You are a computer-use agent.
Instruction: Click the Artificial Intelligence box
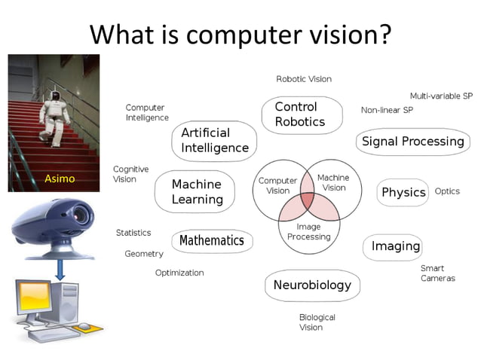click(215, 140)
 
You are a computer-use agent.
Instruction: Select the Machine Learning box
click(198, 191)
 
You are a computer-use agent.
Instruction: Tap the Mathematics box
click(212, 241)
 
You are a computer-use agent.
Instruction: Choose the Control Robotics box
click(300, 114)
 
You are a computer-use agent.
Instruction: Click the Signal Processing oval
click(412, 142)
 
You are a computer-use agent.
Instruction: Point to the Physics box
click(403, 192)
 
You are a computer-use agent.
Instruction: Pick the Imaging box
click(395, 246)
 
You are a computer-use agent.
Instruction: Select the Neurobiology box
click(312, 285)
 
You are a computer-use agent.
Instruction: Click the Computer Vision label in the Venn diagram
click(277, 185)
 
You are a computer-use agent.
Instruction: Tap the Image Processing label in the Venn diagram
click(309, 231)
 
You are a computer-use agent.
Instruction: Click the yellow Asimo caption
click(58, 179)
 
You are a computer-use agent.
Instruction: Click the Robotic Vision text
click(304, 79)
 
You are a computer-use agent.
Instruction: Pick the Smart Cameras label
click(437, 273)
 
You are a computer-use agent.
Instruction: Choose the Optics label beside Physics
click(447, 191)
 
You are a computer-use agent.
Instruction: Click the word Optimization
click(179, 273)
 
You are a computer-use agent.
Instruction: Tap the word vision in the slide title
click(340, 34)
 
